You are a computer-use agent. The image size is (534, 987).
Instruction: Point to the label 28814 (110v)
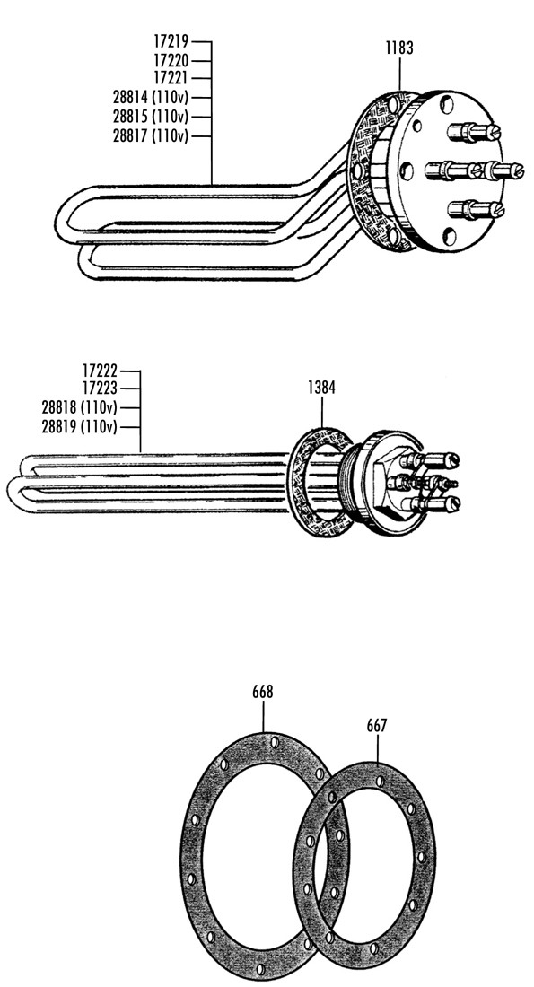pyautogui.click(x=151, y=98)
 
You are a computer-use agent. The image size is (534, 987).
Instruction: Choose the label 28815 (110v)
pyautogui.click(x=151, y=117)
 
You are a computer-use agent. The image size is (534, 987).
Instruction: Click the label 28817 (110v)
pyautogui.click(x=151, y=136)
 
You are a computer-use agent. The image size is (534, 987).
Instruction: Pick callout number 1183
pyautogui.click(x=399, y=48)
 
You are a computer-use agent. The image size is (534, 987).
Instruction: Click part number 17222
pyautogui.click(x=100, y=371)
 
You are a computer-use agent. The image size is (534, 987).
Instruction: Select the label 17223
pyautogui.click(x=100, y=389)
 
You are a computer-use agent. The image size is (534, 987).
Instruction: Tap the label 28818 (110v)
pyautogui.click(x=79, y=407)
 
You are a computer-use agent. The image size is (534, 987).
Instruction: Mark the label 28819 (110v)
pyautogui.click(x=79, y=427)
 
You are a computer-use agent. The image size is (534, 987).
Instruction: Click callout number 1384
pyautogui.click(x=321, y=388)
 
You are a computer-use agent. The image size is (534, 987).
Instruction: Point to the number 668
pyautogui.click(x=263, y=692)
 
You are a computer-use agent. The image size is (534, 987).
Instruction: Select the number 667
pyautogui.click(x=377, y=726)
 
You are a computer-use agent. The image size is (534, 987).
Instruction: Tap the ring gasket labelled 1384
pyautogui.click(x=297, y=482)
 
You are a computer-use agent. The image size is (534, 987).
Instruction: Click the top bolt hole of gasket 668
pyautogui.click(x=275, y=743)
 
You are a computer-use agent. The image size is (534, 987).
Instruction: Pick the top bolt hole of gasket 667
pyautogui.click(x=379, y=782)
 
